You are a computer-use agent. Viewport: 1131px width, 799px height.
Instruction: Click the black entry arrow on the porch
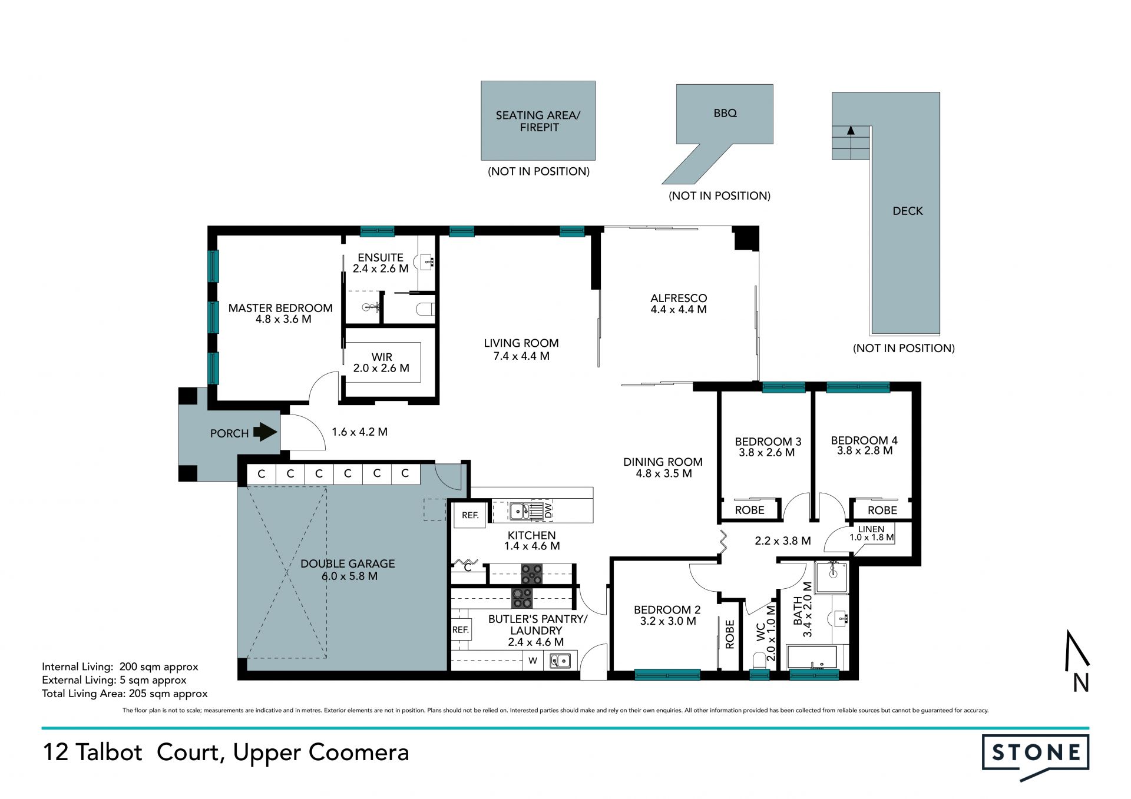(265, 433)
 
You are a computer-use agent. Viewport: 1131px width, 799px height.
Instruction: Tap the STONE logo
(1036, 757)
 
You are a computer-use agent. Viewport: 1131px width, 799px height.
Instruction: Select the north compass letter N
(1081, 683)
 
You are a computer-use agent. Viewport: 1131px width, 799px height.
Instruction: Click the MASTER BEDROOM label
(280, 308)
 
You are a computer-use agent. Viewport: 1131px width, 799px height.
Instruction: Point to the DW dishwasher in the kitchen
(548, 510)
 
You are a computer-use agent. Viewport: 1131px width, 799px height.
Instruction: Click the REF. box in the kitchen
(470, 515)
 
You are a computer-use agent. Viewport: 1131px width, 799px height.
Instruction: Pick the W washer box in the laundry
(533, 661)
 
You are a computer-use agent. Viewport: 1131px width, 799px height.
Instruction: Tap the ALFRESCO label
(679, 299)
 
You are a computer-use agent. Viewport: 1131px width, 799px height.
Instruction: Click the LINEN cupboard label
(871, 529)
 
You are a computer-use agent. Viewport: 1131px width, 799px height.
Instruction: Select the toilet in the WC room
(759, 661)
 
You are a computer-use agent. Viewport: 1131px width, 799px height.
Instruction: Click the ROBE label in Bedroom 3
(750, 510)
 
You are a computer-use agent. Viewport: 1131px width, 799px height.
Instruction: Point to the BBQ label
(725, 113)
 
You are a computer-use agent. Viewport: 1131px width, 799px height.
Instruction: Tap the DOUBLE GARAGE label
(348, 563)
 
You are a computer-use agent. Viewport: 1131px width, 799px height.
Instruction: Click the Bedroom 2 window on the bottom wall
(667, 675)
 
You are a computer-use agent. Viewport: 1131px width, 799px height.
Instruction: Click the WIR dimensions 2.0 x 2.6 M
(381, 368)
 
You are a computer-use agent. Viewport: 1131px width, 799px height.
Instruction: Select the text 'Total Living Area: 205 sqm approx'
(125, 694)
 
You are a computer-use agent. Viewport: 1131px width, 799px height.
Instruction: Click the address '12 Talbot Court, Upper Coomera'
(226, 752)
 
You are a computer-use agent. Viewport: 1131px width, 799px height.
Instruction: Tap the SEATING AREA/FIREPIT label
(538, 121)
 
